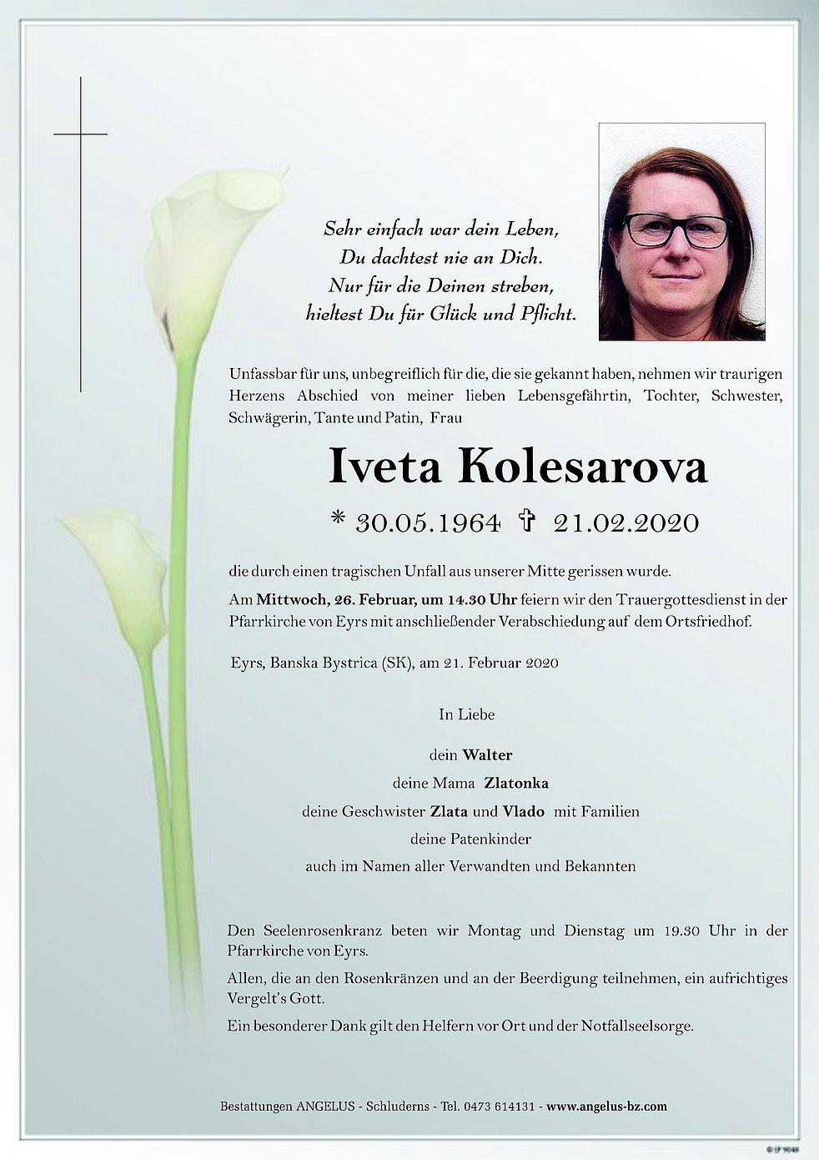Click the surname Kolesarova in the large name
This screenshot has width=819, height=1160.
[582, 467]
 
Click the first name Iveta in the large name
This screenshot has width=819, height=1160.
[385, 467]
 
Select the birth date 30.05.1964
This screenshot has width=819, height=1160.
[428, 523]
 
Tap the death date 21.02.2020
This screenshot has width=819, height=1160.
[625, 523]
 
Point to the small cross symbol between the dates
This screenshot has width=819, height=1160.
[526, 522]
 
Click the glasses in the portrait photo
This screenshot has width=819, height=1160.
[676, 230]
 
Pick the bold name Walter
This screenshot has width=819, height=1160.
[487, 755]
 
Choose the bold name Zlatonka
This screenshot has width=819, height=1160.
[522, 784]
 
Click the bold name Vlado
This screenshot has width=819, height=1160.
[524, 811]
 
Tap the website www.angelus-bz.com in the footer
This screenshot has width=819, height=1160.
[607, 1107]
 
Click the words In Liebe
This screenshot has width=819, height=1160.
[467, 714]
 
